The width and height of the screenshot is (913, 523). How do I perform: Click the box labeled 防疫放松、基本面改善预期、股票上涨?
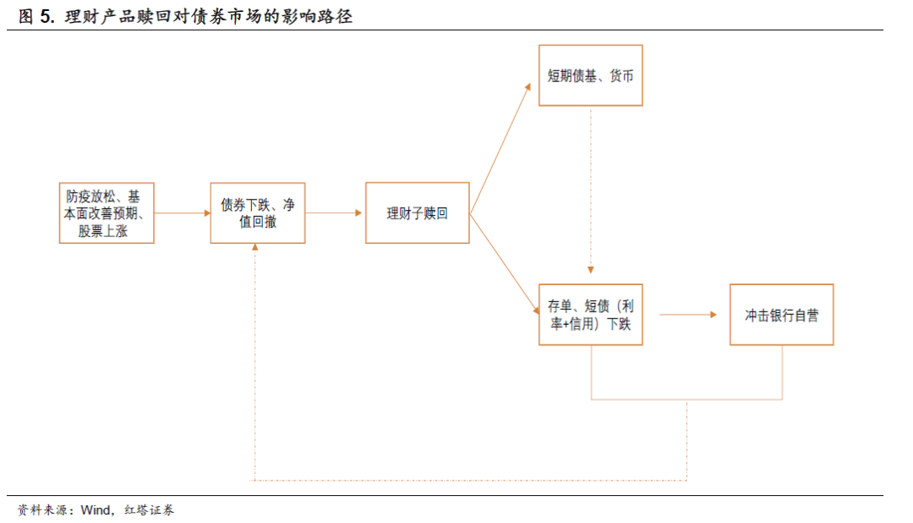[107, 213]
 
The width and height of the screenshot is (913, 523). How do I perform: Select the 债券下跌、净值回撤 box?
[257, 213]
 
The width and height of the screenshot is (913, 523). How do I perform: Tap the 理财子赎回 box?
[417, 213]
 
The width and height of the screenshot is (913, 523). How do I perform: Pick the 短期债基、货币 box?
[590, 75]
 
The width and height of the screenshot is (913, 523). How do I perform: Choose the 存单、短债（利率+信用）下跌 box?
[590, 315]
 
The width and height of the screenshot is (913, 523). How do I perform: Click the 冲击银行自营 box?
[781, 315]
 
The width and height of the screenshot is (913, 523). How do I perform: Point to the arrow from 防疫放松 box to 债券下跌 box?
[182, 213]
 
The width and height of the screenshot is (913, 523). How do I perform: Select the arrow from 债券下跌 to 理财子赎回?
[335, 213]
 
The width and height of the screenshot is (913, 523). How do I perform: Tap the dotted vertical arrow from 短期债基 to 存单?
[590, 195]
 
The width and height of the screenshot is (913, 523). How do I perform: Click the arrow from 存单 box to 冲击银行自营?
[686, 315]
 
